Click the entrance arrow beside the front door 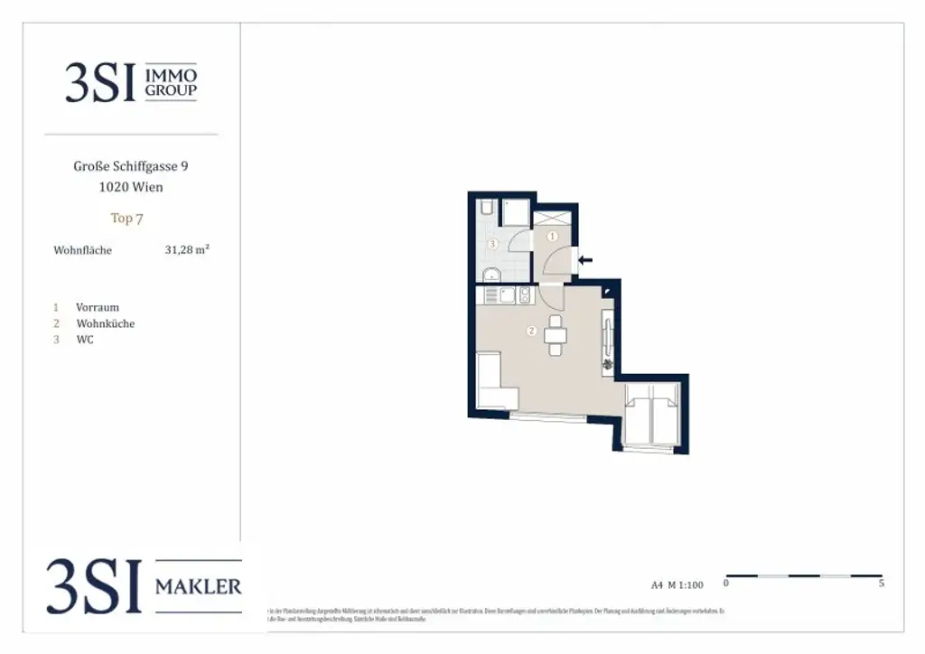585,260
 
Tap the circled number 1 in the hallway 553,237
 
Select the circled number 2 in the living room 532,332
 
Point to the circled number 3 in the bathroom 492,244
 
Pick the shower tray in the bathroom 516,213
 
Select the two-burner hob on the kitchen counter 523,294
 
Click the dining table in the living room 556,335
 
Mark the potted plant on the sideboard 608,363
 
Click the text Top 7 127,218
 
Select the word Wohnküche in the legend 106,323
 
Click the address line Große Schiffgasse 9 131,166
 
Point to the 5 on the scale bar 881,584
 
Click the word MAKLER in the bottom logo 199,587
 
